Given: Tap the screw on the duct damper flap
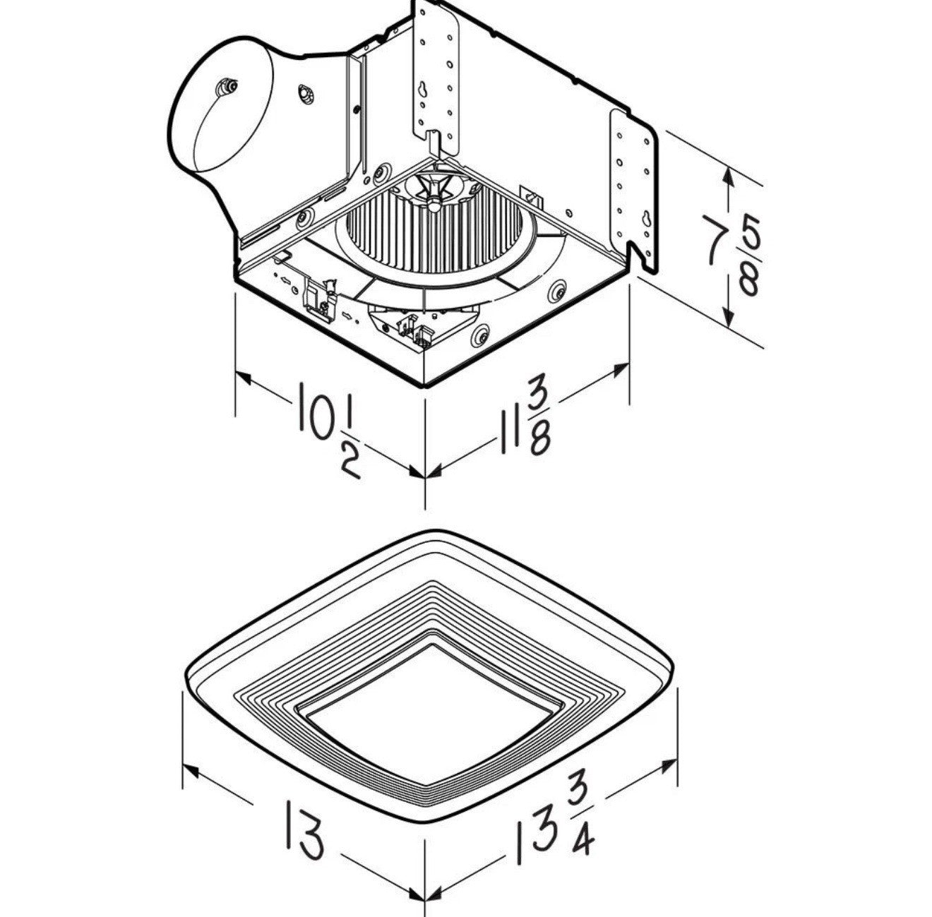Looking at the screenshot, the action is (227, 87).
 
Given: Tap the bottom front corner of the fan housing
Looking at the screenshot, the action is (424, 386).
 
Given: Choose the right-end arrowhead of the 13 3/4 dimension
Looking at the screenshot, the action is (667, 765).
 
